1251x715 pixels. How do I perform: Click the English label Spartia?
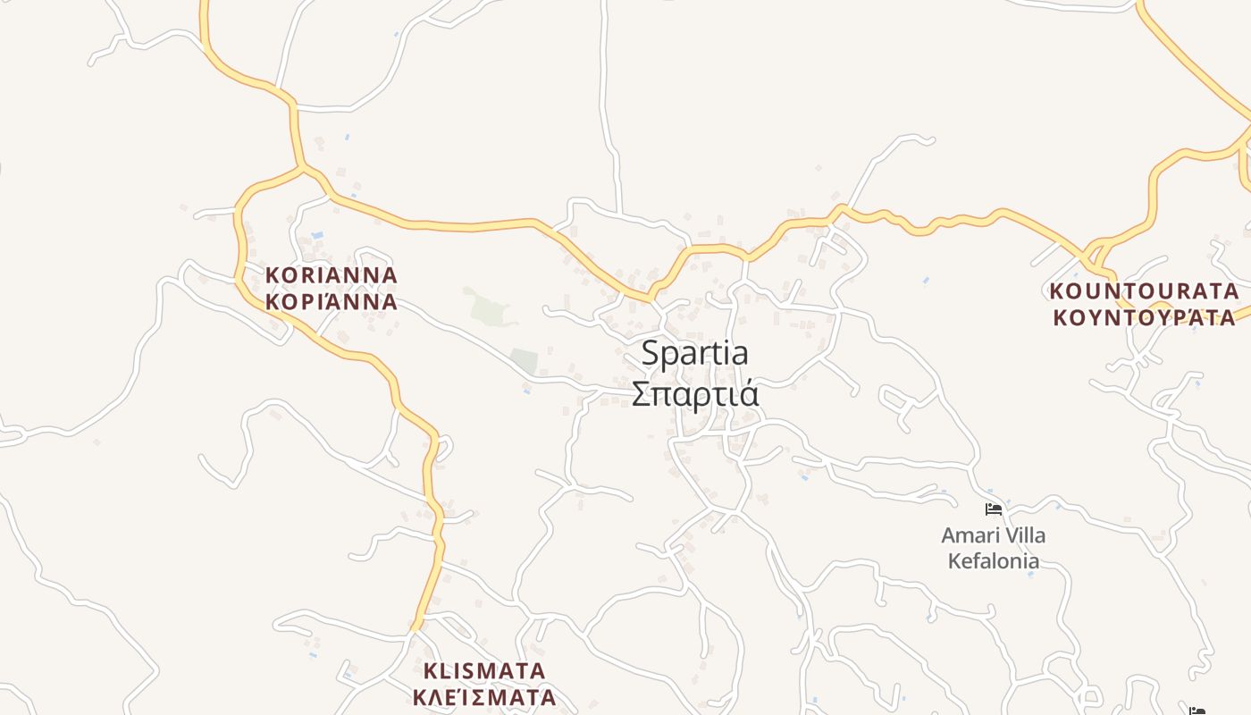(695, 353)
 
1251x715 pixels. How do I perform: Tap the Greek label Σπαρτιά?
(695, 394)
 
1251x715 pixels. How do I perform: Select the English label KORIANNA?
(332, 275)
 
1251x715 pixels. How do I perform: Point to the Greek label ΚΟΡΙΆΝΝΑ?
(332, 302)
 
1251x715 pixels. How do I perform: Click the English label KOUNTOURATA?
(1144, 291)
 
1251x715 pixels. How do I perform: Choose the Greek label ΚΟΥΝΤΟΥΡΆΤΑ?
(1144, 318)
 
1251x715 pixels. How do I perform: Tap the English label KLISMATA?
(484, 671)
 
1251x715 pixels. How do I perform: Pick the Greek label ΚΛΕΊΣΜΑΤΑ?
(484, 697)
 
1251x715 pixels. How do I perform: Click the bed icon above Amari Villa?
(993, 510)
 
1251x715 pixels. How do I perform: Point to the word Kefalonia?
(993, 561)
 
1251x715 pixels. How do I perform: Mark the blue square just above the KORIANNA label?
(316, 236)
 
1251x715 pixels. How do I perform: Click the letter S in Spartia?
(651, 353)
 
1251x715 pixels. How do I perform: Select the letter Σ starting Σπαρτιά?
(641, 394)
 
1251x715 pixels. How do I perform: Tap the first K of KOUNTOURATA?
(1057, 291)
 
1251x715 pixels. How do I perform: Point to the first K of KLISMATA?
(431, 671)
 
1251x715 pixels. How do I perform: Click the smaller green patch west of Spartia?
(525, 361)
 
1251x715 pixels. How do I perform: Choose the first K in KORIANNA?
(273, 275)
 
